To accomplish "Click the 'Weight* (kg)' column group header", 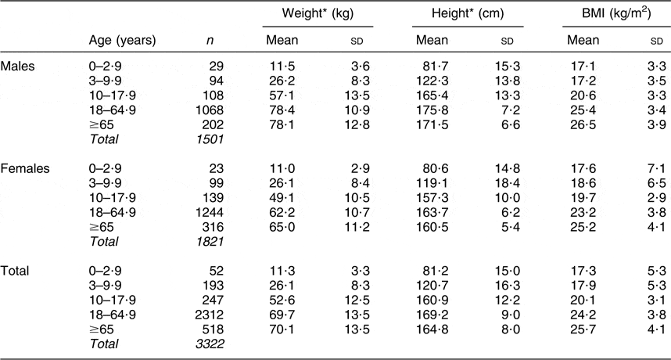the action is tap(318, 14).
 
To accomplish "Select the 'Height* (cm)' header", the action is tap(468, 14).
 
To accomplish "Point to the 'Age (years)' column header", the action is tap(122, 41).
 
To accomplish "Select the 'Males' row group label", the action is tap(17, 67).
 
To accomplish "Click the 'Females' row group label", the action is tap(25, 169).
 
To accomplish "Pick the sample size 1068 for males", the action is tap(210, 110).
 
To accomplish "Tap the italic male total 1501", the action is tap(210, 139).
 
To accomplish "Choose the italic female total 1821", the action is tap(210, 242).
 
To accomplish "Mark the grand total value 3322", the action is tap(210, 344).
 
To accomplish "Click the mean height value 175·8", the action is tap(432, 110).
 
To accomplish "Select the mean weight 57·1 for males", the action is tap(282, 96).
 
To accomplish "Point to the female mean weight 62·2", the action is tap(282, 213).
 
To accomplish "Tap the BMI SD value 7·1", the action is tap(657, 169).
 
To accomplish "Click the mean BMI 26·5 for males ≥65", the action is tap(583, 125).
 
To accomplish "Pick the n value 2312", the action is tap(210, 315).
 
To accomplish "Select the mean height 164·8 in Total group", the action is tap(432, 329).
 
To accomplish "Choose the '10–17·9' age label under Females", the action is tap(112, 198).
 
